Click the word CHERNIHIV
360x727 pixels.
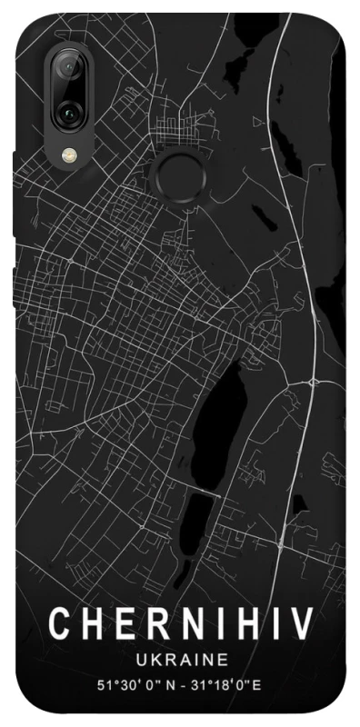[x=181, y=626]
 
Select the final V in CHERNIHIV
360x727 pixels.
[x=302, y=626]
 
